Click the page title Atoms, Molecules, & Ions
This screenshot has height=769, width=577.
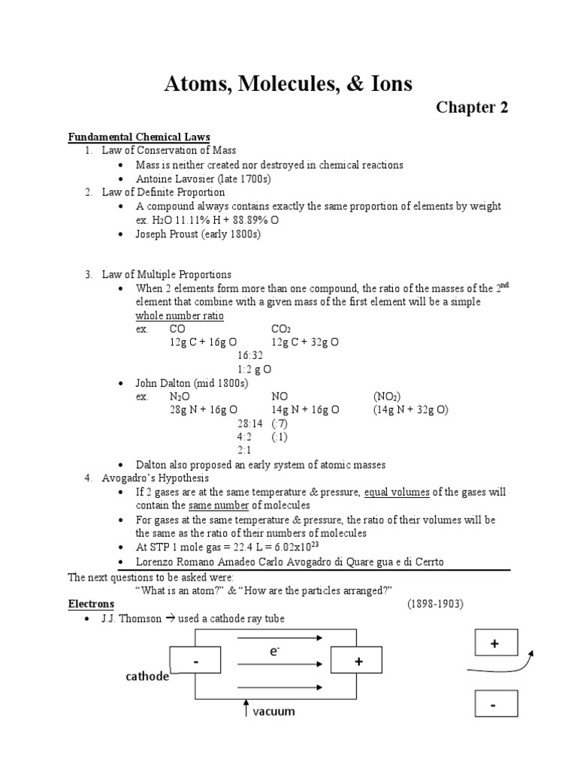coord(288,83)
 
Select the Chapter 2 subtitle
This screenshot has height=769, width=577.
coord(472,107)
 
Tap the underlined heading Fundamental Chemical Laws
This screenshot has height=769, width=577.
coord(139,137)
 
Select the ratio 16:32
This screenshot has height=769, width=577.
coord(250,355)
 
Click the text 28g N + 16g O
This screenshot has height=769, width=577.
coord(204,410)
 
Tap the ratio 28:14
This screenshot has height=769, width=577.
coord(249,424)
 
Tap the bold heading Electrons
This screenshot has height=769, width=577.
coord(91,604)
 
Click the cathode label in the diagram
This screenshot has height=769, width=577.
coord(147,677)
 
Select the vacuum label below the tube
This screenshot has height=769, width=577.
coord(273,710)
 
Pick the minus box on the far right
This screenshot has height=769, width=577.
coord(494,706)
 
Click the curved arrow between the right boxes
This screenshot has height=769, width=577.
coord(501,666)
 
